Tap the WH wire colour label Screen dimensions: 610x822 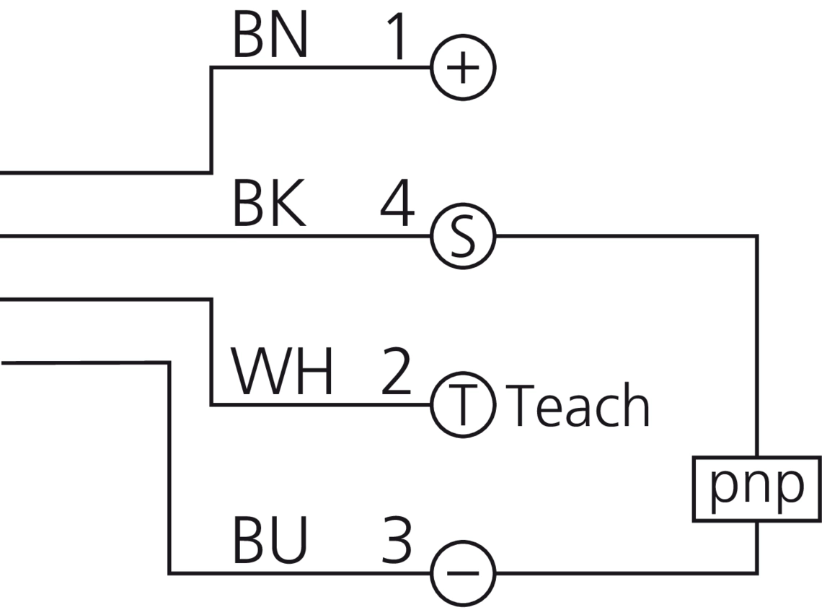(x=282, y=373)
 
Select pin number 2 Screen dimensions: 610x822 (x=396, y=373)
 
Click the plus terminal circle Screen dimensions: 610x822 (x=463, y=69)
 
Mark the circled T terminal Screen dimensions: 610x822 (x=463, y=405)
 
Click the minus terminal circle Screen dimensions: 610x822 (x=463, y=574)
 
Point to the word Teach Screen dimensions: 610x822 (x=580, y=406)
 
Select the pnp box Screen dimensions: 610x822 (x=757, y=489)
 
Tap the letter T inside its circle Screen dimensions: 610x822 (x=463, y=405)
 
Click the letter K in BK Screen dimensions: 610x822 (x=288, y=205)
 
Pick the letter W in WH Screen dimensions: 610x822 (x=262, y=373)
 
